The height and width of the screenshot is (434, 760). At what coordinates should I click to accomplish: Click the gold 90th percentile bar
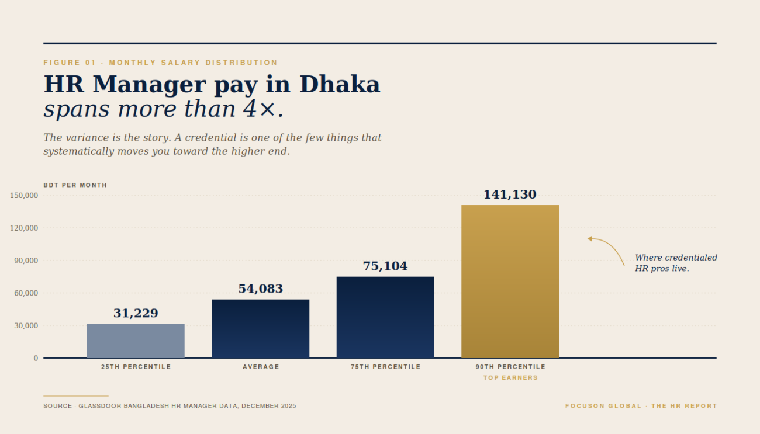[510, 281]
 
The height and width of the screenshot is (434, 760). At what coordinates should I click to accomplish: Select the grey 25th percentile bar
[136, 341]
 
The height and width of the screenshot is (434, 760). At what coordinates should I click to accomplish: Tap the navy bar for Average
[260, 328]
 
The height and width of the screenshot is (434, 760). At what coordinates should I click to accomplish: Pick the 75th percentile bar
[385, 317]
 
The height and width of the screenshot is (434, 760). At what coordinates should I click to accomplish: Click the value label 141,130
[510, 195]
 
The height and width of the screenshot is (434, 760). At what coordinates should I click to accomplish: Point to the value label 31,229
[136, 313]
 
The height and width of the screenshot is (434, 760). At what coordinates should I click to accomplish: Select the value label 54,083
[260, 289]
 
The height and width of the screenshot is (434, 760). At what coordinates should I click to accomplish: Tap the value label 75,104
[385, 266]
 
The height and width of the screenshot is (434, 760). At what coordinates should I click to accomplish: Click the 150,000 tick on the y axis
[24, 195]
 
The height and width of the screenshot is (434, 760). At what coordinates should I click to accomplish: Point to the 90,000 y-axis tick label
[26, 261]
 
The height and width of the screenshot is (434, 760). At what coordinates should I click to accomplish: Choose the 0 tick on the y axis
[36, 358]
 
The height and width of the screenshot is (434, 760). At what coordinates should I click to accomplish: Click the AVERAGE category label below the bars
[261, 367]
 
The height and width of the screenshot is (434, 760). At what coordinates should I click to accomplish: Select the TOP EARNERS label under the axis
[510, 378]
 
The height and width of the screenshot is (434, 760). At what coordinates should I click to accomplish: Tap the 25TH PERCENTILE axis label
[136, 367]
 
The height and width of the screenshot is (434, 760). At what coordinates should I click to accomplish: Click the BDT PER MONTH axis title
[75, 185]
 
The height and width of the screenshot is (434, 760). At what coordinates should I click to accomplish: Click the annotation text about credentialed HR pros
[675, 263]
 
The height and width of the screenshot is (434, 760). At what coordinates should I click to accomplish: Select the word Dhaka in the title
[340, 85]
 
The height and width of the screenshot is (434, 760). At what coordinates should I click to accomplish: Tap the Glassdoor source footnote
[170, 406]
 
